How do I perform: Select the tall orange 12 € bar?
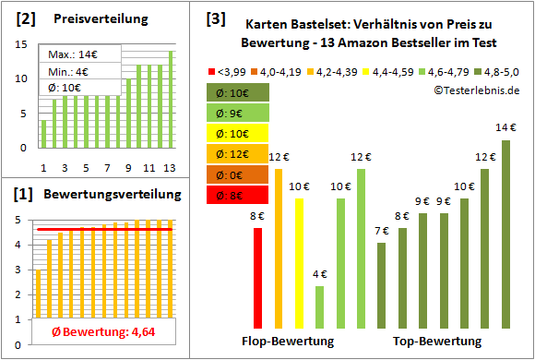tap(279, 248)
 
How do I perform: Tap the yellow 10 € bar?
tap(299, 263)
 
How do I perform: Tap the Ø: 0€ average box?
tap(238, 174)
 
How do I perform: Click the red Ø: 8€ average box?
tap(238, 195)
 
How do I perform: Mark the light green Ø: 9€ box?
tap(238, 113)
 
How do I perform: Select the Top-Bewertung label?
tap(436, 342)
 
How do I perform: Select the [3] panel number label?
tap(215, 18)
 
